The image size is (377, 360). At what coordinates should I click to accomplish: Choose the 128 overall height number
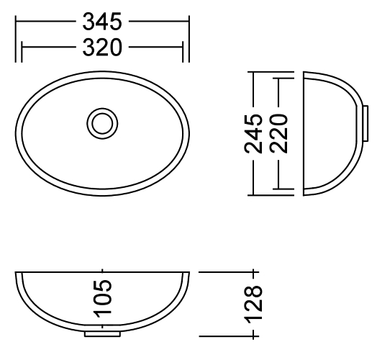point(253,304)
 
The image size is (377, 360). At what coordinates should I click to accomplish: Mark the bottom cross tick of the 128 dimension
point(253,336)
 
